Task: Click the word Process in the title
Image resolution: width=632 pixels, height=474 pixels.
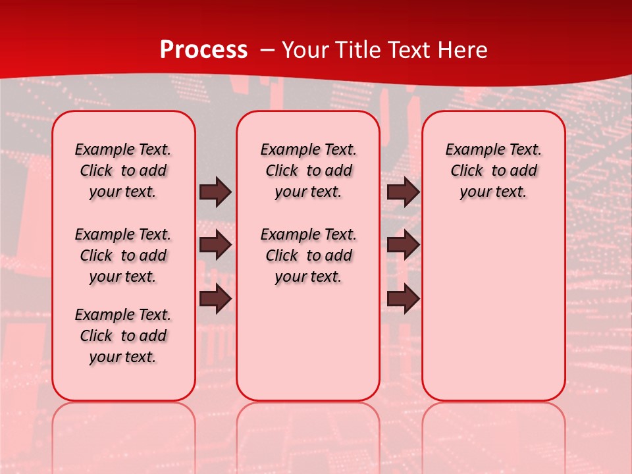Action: coord(203,49)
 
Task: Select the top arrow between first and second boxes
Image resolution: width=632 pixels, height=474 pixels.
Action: coord(215,192)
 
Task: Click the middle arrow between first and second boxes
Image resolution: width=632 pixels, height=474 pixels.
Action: coord(215,245)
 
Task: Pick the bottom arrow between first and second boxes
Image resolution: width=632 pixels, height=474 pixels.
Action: coord(215,299)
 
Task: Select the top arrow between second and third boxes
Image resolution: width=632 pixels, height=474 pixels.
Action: coord(403,192)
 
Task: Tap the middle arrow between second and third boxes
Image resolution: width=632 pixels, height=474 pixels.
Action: coord(403,245)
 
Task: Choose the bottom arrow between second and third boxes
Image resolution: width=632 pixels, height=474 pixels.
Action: coord(403,299)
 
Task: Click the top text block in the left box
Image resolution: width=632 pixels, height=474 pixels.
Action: coord(123,171)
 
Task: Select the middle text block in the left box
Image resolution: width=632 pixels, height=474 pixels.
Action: coord(123,255)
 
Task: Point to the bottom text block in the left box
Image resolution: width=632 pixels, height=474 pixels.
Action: coord(123,336)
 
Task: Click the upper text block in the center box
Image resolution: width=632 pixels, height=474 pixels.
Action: coord(308,171)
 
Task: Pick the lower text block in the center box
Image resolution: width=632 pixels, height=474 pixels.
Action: coord(308,255)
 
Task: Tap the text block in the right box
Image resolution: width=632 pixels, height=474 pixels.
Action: coord(494,171)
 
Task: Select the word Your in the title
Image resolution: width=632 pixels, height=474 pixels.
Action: coord(305,49)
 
